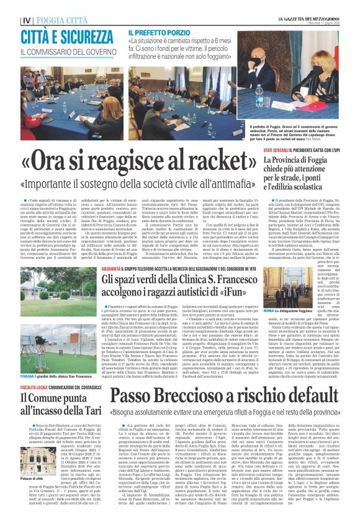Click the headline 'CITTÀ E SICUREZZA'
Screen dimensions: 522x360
click(x=66, y=36)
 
